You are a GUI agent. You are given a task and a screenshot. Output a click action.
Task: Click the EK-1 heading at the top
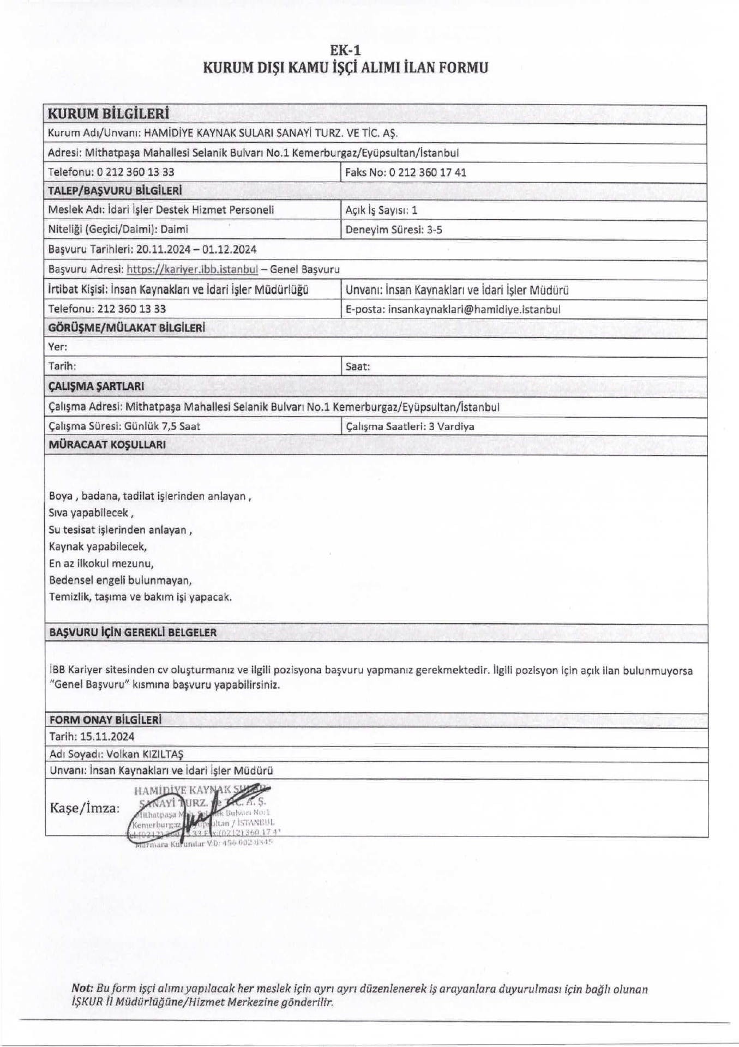click(x=346, y=50)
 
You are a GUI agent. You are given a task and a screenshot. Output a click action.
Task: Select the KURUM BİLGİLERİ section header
click(x=109, y=113)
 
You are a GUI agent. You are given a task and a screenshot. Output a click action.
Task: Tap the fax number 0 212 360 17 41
click(x=427, y=172)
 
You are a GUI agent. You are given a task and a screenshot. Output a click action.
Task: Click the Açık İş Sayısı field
click(x=381, y=210)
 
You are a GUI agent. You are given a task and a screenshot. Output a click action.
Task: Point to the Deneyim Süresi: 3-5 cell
click(x=394, y=230)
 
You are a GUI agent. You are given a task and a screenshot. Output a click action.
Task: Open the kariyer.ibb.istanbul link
click(x=192, y=269)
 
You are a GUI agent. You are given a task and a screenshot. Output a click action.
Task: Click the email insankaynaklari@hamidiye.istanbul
click(x=473, y=309)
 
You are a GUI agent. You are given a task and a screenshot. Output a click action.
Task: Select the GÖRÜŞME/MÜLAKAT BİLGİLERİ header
click(x=127, y=328)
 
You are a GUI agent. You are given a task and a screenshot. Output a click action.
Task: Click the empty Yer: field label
click(x=58, y=347)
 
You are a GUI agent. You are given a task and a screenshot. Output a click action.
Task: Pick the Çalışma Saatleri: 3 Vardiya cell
click(x=410, y=426)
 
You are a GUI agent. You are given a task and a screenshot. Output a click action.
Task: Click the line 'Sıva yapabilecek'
click(x=91, y=513)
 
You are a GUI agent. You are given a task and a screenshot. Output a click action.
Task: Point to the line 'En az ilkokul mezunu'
click(x=101, y=563)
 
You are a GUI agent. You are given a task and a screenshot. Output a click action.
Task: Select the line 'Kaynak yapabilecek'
click(x=98, y=546)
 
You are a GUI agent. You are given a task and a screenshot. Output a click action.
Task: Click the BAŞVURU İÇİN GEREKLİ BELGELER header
click(x=133, y=633)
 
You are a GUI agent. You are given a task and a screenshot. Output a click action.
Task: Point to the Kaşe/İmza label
click(x=85, y=808)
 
